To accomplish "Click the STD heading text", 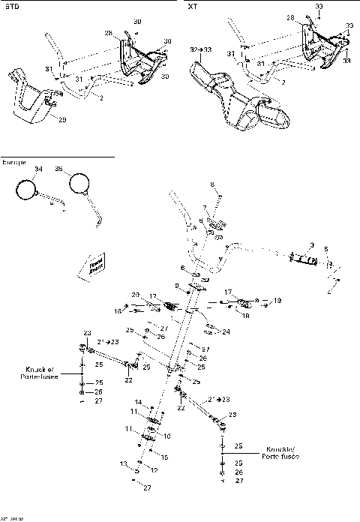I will coord(10,6).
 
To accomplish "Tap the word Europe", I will coord(13,163).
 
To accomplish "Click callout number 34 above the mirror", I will coord(38,171).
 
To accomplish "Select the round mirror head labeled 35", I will coord(78,183).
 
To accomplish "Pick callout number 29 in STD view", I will coord(61,119).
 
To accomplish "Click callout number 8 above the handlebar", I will coord(212,184).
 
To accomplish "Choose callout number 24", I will coord(226,331).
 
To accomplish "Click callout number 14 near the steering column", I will coord(137,402).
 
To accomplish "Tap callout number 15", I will coord(165,457).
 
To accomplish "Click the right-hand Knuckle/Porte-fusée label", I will coord(280,454).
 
